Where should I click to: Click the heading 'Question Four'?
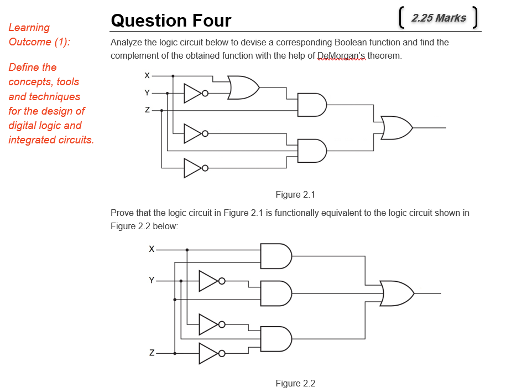point(171,20)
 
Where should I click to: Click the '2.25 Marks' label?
point(439,18)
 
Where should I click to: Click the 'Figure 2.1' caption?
point(295,194)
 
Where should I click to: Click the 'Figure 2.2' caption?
point(295,383)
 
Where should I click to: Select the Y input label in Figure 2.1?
point(147,92)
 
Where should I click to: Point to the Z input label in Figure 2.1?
point(147,110)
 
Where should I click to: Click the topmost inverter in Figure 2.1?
point(194,93)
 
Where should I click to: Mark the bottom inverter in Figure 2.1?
point(194,168)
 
